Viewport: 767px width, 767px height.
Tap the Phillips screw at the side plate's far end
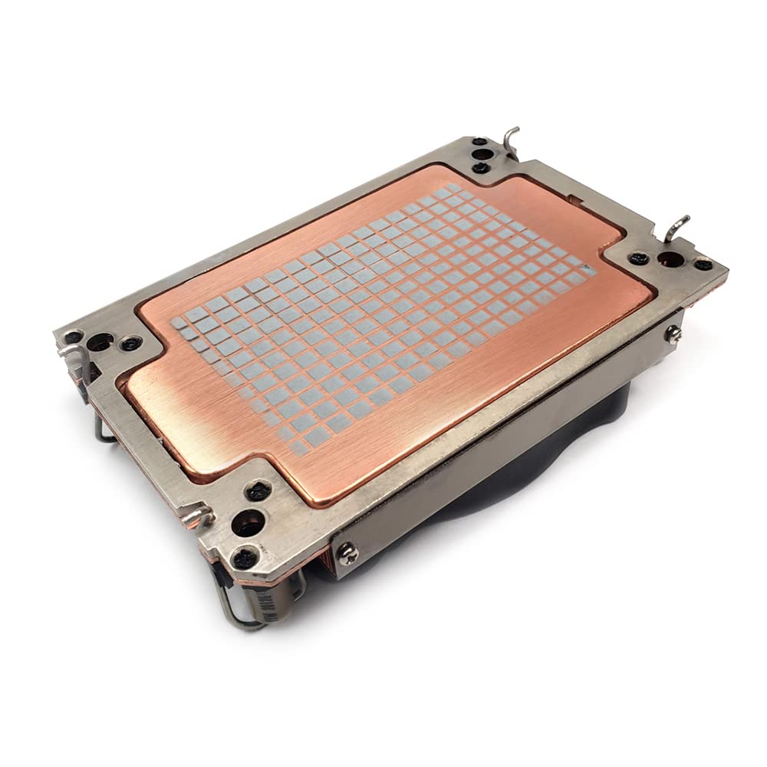(x=673, y=332)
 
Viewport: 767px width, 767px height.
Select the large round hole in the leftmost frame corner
(x=100, y=342)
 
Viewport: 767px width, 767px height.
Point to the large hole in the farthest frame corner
(x=480, y=155)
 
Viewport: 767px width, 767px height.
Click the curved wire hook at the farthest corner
(x=510, y=142)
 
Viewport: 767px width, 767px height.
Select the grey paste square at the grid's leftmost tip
(x=179, y=324)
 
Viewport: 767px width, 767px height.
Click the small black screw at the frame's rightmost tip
(x=703, y=265)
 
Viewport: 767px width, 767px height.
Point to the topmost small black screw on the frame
(x=479, y=142)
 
